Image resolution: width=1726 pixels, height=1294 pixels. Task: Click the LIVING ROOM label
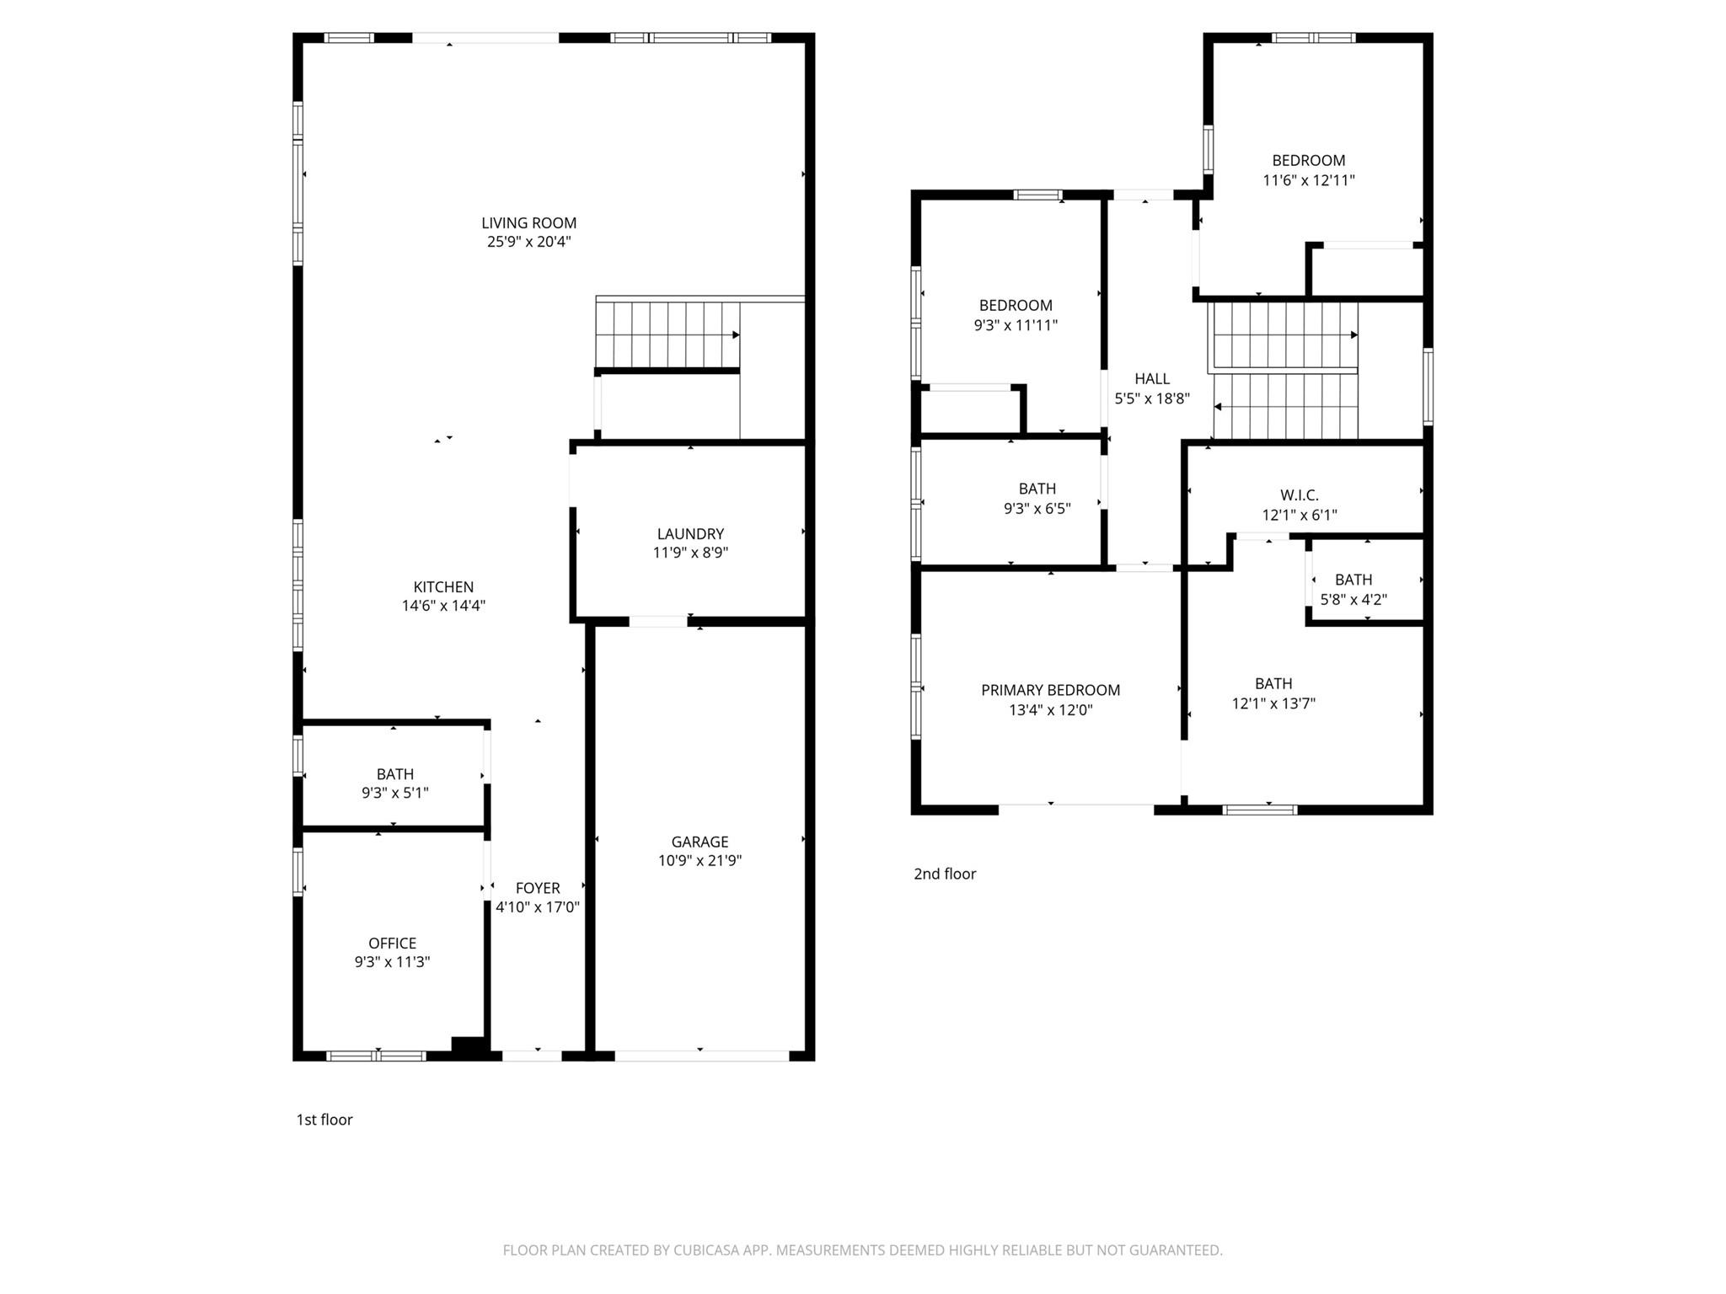pyautogui.click(x=528, y=223)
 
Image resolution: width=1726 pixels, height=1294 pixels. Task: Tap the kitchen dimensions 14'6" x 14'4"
pyautogui.click(x=443, y=606)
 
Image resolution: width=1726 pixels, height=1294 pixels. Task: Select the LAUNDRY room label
pyautogui.click(x=690, y=534)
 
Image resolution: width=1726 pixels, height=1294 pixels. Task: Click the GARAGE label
pyautogui.click(x=700, y=842)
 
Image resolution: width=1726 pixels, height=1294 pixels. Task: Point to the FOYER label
pyautogui.click(x=538, y=888)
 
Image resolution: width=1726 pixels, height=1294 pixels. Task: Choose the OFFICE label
pyautogui.click(x=392, y=944)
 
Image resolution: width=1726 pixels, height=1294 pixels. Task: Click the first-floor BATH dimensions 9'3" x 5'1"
pyautogui.click(x=394, y=793)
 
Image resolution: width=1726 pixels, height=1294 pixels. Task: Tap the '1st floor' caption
pyautogui.click(x=324, y=1120)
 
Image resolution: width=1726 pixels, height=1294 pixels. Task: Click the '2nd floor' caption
pyautogui.click(x=945, y=874)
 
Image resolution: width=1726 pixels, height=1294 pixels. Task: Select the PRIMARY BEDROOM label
pyautogui.click(x=1050, y=690)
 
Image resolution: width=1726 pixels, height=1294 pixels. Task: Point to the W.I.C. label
pyautogui.click(x=1299, y=495)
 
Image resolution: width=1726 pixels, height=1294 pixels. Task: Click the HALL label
pyautogui.click(x=1151, y=379)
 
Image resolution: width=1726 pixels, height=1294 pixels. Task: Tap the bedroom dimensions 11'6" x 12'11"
pyautogui.click(x=1308, y=180)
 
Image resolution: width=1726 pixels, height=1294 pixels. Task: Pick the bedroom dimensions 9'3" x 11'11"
pyautogui.click(x=1015, y=325)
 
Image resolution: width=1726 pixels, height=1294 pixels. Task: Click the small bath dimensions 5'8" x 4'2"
pyautogui.click(x=1353, y=600)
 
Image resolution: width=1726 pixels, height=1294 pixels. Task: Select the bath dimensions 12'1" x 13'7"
pyautogui.click(x=1273, y=703)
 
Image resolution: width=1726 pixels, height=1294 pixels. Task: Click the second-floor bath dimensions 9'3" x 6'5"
pyautogui.click(x=1037, y=509)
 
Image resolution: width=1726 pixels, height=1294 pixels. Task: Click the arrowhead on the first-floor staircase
pyautogui.click(x=735, y=335)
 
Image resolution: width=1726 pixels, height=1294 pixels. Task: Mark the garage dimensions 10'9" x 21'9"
pyautogui.click(x=700, y=860)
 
